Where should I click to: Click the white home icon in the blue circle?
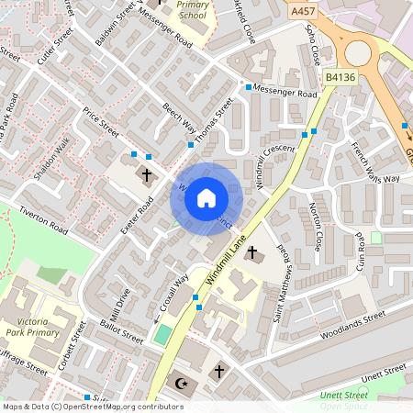[206, 198]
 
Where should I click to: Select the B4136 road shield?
[340, 78]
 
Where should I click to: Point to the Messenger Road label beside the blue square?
[287, 93]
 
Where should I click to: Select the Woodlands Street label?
[352, 328]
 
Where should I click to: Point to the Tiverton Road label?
[43, 220]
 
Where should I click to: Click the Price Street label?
[100, 121]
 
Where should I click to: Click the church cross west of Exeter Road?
[147, 174]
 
